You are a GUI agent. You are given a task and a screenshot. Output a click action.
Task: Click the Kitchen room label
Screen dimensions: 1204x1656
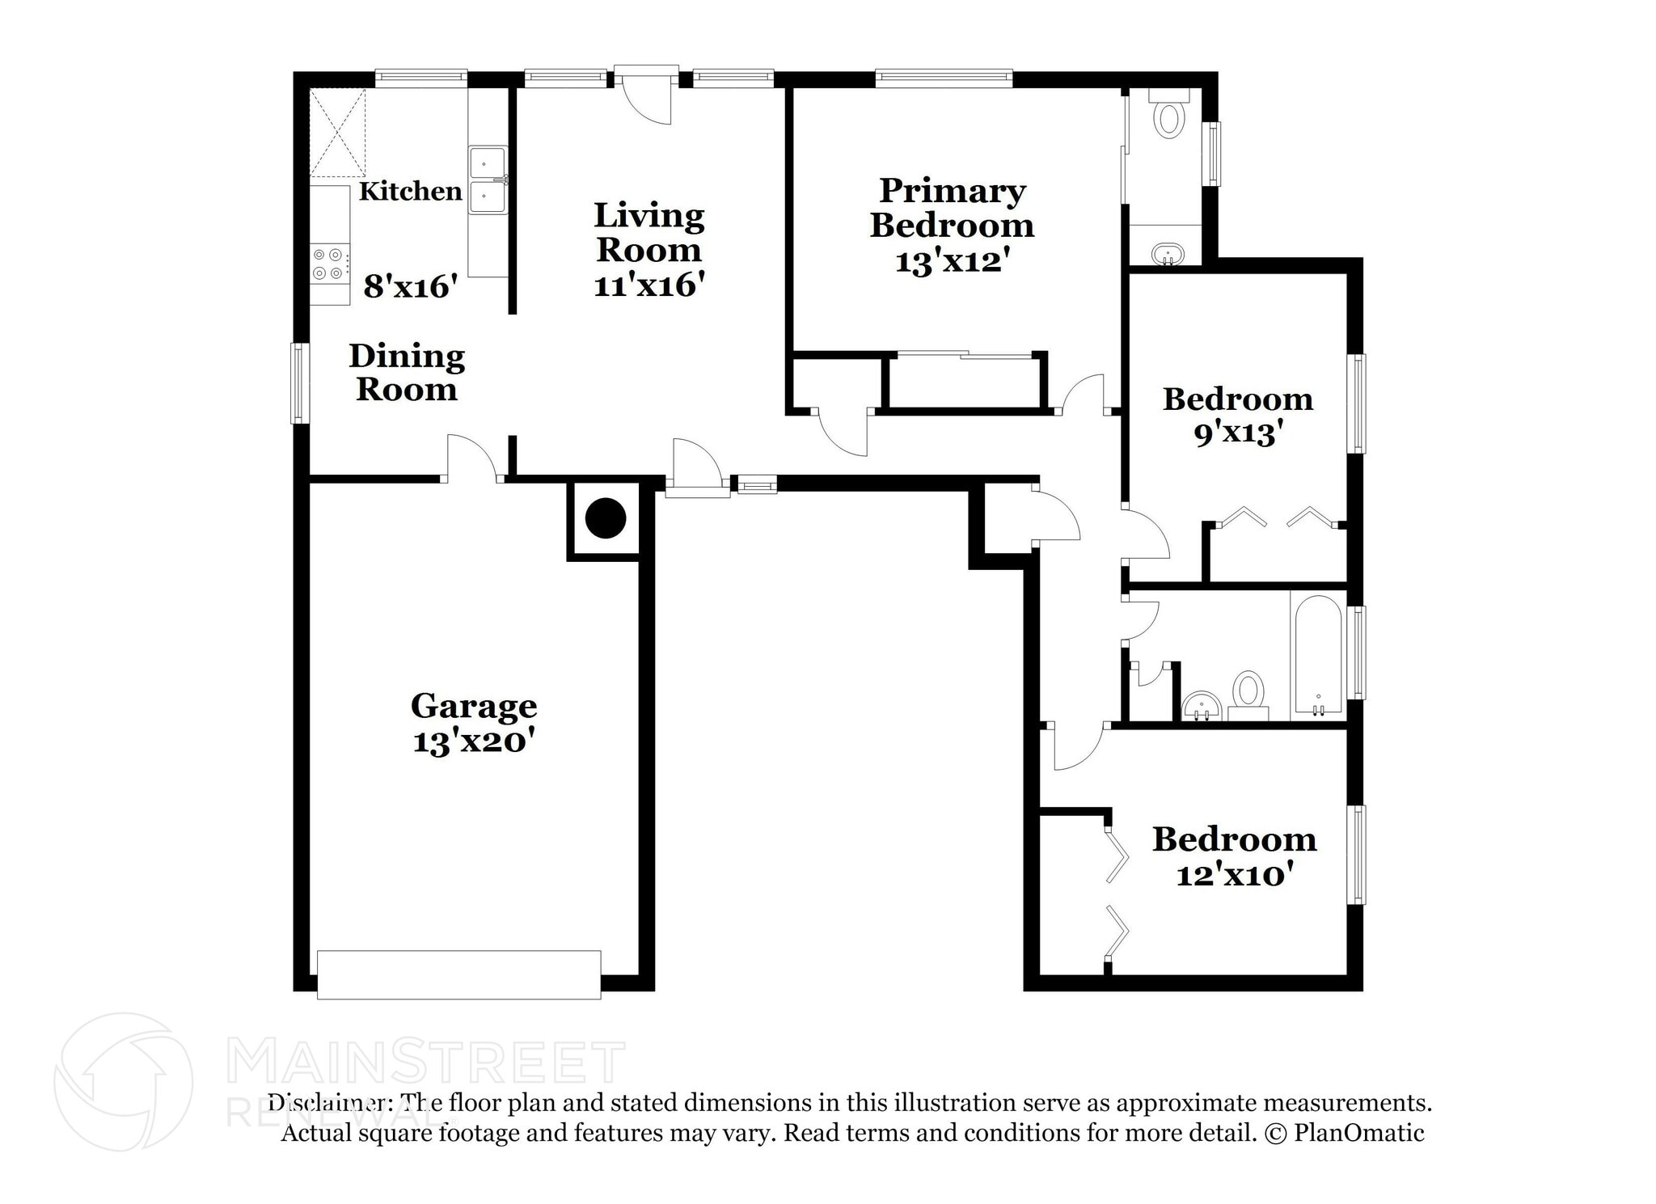pos(410,192)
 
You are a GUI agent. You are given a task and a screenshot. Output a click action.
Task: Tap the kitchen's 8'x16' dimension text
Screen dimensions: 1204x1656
pos(411,286)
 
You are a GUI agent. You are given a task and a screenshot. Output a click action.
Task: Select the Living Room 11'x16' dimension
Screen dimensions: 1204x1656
pos(649,285)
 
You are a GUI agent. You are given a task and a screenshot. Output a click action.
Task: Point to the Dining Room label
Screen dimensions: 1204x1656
pos(407,373)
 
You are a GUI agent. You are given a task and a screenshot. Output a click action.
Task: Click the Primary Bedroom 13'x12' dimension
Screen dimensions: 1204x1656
pos(953,261)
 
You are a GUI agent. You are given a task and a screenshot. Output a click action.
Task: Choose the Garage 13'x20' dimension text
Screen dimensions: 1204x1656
pos(473,741)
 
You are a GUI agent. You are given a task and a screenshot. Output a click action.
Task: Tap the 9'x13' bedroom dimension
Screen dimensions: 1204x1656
pos(1238,434)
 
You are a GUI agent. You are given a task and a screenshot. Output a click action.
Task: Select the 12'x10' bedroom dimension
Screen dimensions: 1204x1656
pos(1234,875)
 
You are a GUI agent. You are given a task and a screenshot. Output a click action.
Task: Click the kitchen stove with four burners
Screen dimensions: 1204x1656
pos(331,263)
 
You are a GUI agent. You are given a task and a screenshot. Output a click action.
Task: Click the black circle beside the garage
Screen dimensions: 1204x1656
pos(606,518)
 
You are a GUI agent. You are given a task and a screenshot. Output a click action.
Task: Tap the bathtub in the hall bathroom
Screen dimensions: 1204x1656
pos(1318,656)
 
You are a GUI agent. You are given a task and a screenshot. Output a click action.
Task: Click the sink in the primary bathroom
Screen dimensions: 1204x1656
pos(1167,254)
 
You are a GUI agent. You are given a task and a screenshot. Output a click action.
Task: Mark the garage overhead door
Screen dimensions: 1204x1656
pos(458,974)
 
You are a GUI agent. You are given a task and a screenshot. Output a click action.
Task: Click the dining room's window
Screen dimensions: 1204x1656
pos(300,383)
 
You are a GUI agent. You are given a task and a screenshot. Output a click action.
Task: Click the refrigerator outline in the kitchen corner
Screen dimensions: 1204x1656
pos(337,133)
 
